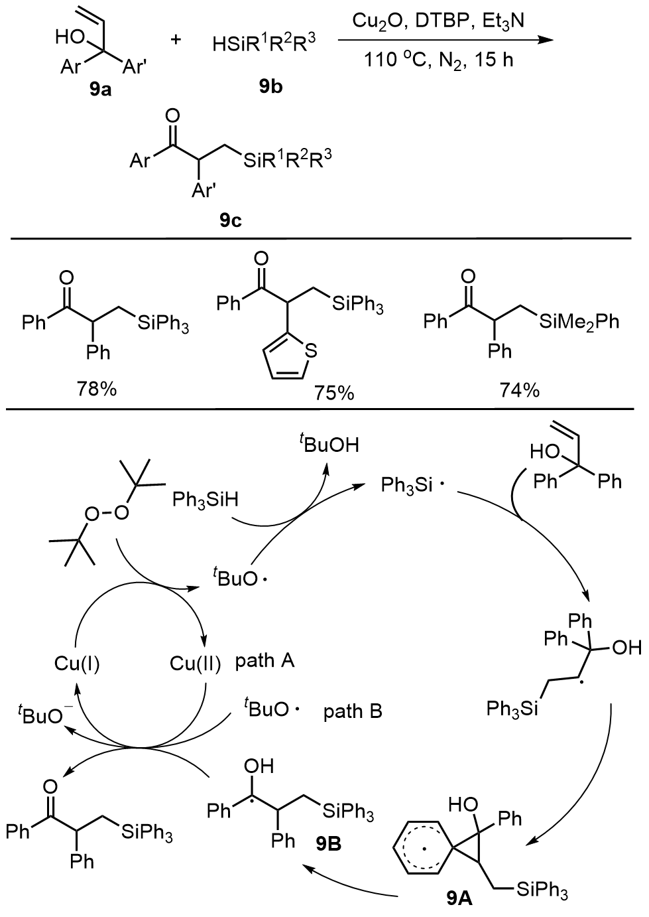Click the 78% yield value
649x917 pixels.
point(97,389)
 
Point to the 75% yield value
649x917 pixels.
point(335,393)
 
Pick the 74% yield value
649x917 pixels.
point(520,389)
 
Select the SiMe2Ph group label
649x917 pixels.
point(579,322)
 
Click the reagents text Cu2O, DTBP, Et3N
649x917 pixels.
point(438,21)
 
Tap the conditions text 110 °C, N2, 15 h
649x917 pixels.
point(438,60)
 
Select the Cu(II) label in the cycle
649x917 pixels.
point(195,663)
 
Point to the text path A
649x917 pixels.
point(265,661)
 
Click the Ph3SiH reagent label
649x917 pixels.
point(204,498)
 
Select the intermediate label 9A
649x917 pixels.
point(459,898)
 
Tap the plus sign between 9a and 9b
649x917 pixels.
point(176,40)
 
